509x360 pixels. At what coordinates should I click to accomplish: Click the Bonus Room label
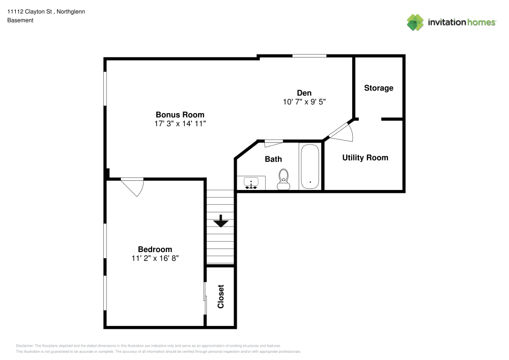180,115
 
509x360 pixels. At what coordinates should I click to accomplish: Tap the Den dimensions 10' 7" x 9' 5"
304,101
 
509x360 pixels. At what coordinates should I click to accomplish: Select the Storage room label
379,88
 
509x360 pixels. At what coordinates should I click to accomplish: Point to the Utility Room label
365,158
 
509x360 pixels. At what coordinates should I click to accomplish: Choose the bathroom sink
251,182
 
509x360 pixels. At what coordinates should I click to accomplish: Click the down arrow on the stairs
220,221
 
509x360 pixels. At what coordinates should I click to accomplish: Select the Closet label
221,296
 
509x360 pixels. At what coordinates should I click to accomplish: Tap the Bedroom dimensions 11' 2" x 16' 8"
155,258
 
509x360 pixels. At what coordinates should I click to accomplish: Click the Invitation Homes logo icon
415,22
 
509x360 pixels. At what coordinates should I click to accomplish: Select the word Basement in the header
20,20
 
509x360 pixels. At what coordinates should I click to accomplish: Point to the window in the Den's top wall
309,56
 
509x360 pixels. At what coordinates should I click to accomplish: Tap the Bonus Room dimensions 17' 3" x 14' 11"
180,124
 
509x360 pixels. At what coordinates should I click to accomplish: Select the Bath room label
273,159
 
